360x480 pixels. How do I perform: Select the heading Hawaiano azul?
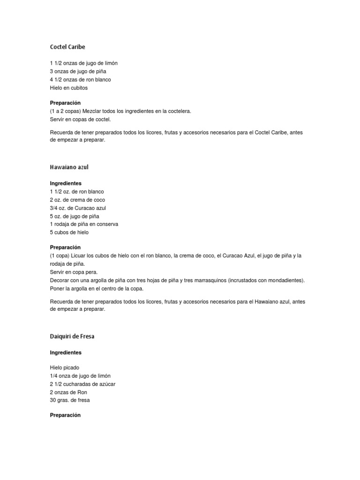pyautogui.click(x=69, y=167)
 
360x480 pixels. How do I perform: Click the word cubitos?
pyautogui.click(x=78, y=88)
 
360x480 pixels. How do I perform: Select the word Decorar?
pyautogui.click(x=60, y=280)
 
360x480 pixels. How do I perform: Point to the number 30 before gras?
pyautogui.click(x=53, y=400)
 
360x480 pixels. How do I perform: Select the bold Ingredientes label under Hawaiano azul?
pyautogui.click(x=66, y=184)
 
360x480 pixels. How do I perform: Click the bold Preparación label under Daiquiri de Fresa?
pyautogui.click(x=65, y=415)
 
